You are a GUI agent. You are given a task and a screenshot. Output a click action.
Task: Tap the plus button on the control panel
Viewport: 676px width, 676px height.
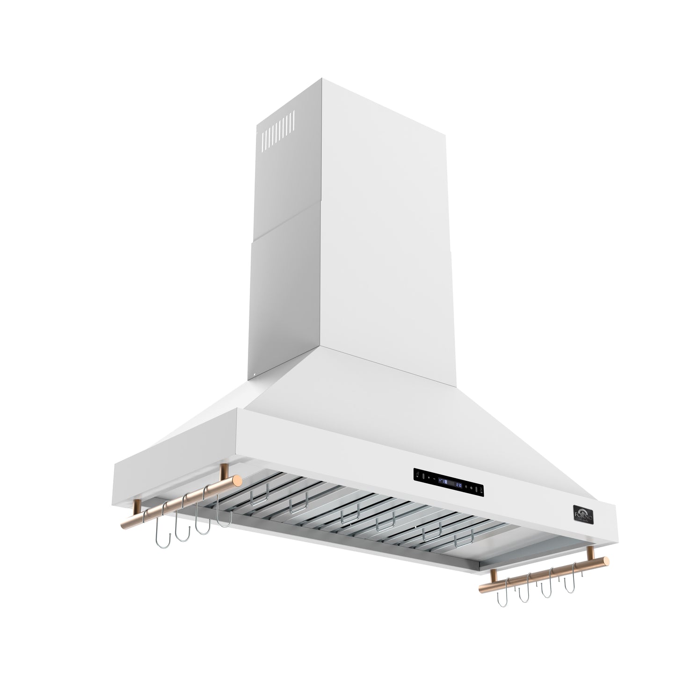coord(429,478)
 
